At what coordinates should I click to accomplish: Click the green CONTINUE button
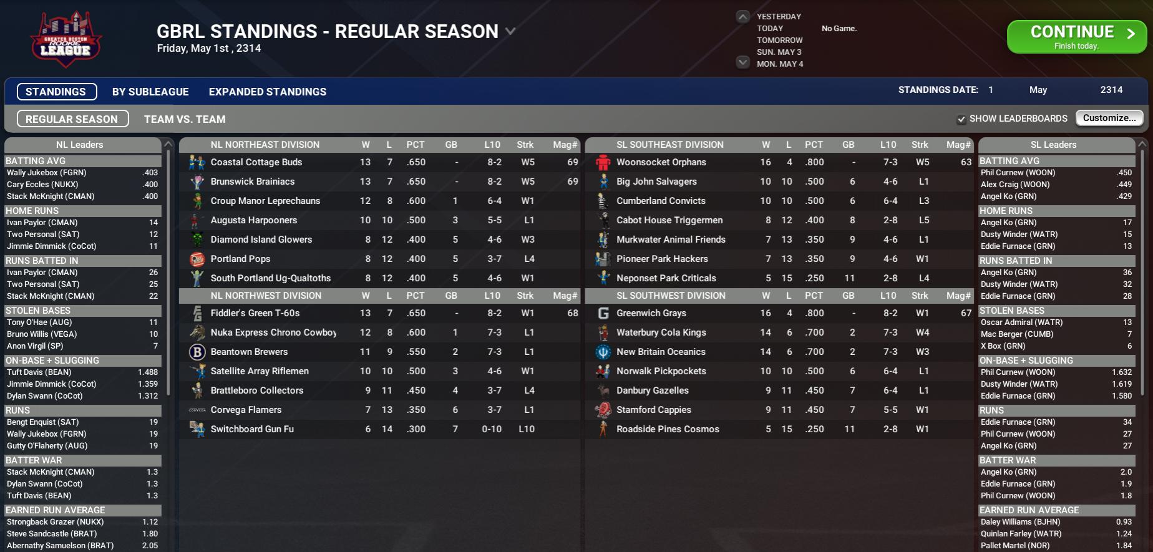click(1076, 37)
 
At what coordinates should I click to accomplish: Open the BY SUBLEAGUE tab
click(150, 92)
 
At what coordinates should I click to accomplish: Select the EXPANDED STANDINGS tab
click(267, 92)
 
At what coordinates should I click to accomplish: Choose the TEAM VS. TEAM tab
click(185, 119)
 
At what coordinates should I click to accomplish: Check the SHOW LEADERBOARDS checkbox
click(961, 119)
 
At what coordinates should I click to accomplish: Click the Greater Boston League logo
click(66, 39)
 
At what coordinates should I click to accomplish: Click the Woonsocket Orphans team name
click(661, 162)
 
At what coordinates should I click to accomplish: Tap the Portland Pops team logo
click(197, 259)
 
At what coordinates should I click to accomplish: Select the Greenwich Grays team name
click(651, 313)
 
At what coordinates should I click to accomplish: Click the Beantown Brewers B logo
click(197, 352)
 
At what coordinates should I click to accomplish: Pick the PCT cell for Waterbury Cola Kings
click(814, 332)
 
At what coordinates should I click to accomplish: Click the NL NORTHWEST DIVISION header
click(266, 296)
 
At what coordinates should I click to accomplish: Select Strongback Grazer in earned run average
click(55, 522)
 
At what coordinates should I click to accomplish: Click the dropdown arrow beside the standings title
click(510, 31)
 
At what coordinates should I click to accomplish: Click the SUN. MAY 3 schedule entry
click(779, 52)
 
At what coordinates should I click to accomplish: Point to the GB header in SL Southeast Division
click(848, 145)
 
